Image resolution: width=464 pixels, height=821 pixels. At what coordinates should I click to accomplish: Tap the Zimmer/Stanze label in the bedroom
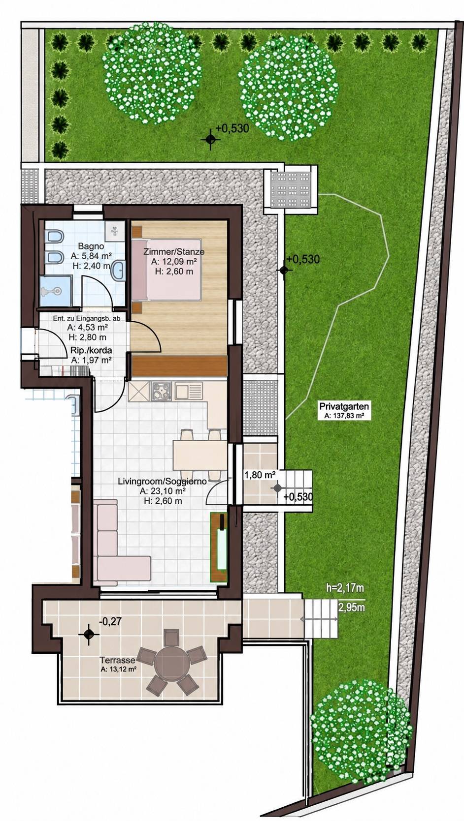click(x=174, y=252)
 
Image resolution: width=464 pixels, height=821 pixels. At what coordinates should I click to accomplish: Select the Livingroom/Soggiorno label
click(x=162, y=481)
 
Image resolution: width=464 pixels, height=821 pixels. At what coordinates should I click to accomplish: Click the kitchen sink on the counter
click(x=189, y=391)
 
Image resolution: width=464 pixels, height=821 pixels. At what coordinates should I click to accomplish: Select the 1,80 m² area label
click(x=261, y=475)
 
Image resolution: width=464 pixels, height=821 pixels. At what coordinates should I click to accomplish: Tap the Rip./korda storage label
click(x=91, y=350)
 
